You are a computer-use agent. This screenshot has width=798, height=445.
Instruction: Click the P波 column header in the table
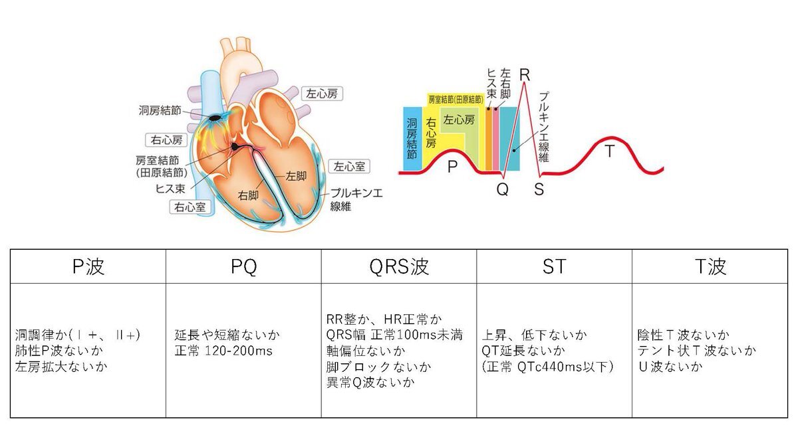point(88,266)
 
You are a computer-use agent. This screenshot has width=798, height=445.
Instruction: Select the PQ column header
point(243,266)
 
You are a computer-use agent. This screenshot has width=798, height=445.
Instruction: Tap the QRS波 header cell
point(399,266)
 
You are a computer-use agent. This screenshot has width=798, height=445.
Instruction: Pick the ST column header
point(554,266)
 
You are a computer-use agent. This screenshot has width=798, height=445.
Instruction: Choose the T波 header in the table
point(709,266)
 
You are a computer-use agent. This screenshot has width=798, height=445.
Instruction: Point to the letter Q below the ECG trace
point(503,189)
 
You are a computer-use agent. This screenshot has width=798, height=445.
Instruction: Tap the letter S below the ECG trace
point(539,189)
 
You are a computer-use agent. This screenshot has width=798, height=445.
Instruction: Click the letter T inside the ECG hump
point(609,151)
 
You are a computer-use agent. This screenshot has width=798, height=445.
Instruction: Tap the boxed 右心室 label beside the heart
point(190,207)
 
